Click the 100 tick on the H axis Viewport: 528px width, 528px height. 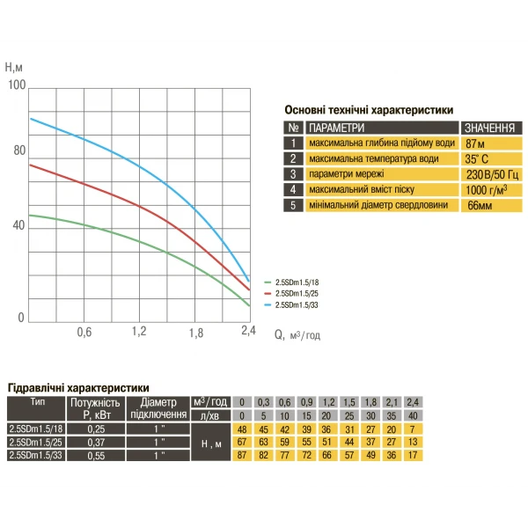tap(16, 85)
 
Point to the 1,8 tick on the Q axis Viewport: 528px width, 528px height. tap(196, 332)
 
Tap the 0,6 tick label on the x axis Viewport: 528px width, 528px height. tap(84, 332)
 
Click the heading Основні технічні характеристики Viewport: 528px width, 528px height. tap(369, 111)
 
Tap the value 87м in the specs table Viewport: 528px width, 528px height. tap(476, 143)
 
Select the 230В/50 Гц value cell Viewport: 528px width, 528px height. tap(492, 174)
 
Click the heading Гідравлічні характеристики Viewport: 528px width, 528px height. tap(78, 387)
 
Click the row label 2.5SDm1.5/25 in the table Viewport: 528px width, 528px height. tap(32, 442)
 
